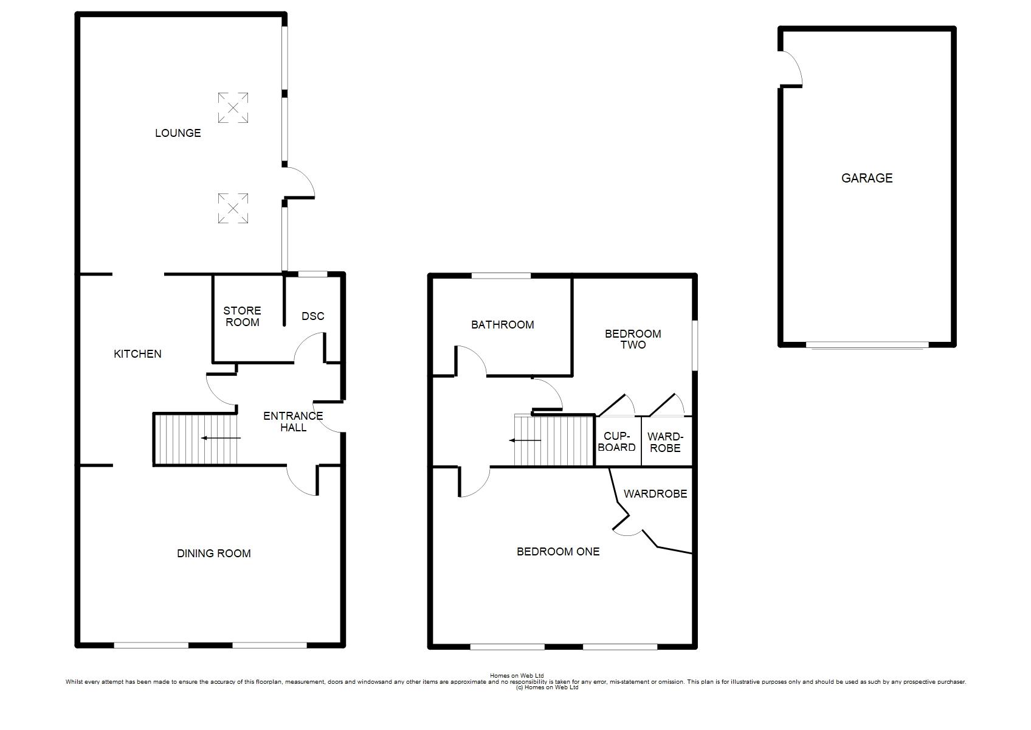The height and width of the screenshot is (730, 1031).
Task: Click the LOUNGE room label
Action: tap(178, 133)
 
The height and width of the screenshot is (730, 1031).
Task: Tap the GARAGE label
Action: tap(867, 178)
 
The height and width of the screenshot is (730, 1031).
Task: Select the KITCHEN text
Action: tap(137, 353)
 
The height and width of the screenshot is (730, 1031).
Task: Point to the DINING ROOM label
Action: tap(214, 553)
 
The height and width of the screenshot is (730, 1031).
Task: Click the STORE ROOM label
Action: tap(242, 316)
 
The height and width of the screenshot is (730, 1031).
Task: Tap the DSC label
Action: tap(313, 316)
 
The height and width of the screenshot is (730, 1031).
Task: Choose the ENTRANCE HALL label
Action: tap(293, 422)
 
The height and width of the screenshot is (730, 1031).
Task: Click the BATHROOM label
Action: tap(503, 325)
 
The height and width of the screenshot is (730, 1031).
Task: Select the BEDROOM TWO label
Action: tap(633, 339)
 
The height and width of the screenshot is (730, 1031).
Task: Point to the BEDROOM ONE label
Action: tap(558, 551)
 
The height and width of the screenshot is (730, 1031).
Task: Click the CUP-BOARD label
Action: tap(616, 441)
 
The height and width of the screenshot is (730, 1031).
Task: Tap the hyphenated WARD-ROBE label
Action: tap(665, 442)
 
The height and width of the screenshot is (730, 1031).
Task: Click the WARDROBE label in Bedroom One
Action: tap(655, 494)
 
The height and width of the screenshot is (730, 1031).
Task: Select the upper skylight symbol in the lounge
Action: tap(233, 108)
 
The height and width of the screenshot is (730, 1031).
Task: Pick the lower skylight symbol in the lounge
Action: tap(233, 208)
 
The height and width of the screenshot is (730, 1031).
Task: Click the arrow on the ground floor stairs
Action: tap(221, 437)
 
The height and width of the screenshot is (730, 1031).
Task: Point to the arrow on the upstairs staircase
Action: tap(525, 440)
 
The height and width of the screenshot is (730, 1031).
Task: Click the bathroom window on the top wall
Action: tap(502, 276)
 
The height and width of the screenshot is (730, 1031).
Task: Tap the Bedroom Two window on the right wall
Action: tap(695, 346)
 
